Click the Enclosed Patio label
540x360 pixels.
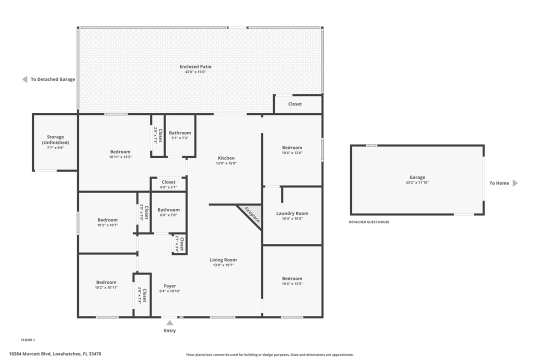click(x=195, y=66)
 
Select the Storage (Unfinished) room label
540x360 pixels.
click(x=55, y=140)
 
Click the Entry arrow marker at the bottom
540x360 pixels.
click(x=170, y=323)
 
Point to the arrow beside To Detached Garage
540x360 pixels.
click(x=24, y=79)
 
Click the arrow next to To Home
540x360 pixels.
click(x=515, y=183)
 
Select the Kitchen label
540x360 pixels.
click(x=226, y=158)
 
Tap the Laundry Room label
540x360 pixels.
click(x=292, y=213)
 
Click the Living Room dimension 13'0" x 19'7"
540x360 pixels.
click(x=223, y=265)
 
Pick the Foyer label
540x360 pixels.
click(x=170, y=286)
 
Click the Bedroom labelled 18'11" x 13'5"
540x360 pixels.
click(x=120, y=152)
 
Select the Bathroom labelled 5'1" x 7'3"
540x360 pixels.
click(x=179, y=133)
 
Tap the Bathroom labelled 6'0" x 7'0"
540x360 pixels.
click(x=168, y=210)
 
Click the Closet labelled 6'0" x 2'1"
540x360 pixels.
click(x=168, y=182)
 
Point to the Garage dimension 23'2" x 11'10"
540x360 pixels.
click(x=417, y=182)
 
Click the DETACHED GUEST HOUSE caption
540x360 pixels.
click(x=369, y=222)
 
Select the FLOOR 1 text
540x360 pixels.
click(x=28, y=340)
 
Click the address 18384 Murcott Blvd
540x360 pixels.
click(x=55, y=353)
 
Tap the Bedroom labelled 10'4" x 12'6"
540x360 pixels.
click(x=292, y=147)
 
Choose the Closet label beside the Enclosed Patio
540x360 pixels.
click(x=295, y=104)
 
